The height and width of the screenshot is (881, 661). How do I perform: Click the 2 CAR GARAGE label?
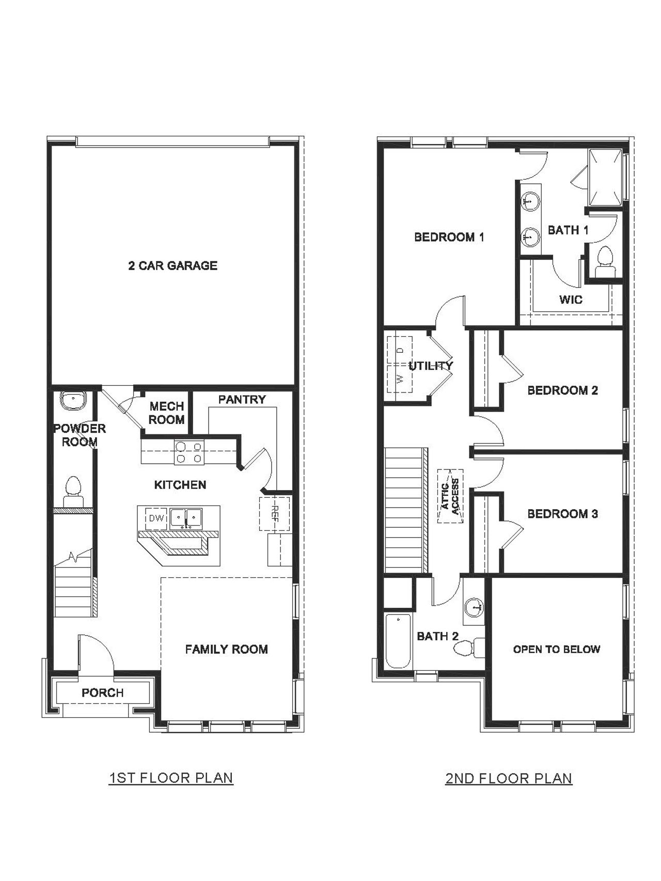tap(172, 265)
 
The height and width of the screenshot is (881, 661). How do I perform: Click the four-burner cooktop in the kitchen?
tap(188, 452)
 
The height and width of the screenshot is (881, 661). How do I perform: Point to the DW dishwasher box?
tap(155, 518)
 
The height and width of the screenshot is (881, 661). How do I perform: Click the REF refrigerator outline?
tap(274, 514)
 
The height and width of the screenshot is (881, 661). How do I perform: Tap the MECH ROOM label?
tap(166, 413)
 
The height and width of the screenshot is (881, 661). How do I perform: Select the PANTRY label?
tap(242, 399)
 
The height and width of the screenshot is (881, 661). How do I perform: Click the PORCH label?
tap(103, 693)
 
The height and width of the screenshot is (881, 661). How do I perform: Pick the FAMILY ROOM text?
tap(226, 649)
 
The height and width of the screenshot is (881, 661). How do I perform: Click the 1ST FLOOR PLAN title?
tap(171, 778)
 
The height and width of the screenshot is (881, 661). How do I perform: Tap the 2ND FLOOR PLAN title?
tap(509, 778)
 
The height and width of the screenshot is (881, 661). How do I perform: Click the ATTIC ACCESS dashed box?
tap(450, 496)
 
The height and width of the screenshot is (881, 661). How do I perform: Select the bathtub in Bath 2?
tap(398, 640)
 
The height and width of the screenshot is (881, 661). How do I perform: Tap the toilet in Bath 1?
tap(604, 262)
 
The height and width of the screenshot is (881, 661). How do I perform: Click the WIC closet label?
tap(571, 300)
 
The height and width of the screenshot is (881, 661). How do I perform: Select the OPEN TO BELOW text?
tap(556, 649)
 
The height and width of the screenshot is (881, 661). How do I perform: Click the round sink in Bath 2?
tap(474, 607)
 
